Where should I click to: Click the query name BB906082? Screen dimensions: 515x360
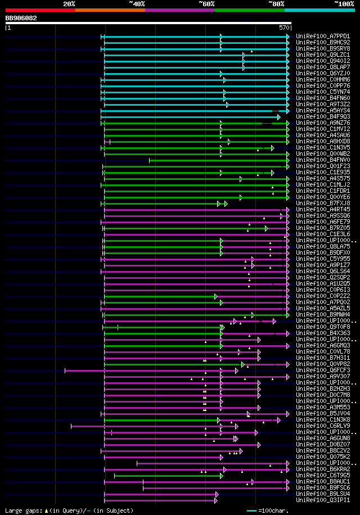pyautogui.click(x=21, y=18)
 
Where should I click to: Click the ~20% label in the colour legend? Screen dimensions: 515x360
pyautogui.click(x=69, y=3)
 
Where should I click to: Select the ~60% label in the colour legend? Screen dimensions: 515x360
pyautogui.click(x=206, y=3)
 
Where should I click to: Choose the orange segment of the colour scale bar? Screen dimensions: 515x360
pyautogui.click(x=110, y=10)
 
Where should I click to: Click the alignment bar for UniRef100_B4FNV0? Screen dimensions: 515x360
pyautogui.click(x=219, y=160)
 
